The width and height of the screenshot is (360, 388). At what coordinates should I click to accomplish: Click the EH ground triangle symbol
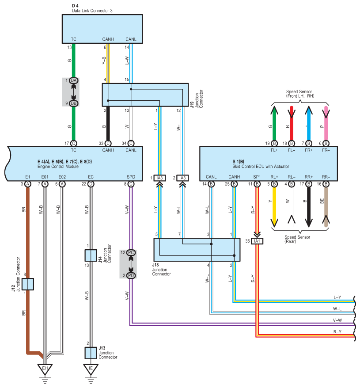(x=45, y=369)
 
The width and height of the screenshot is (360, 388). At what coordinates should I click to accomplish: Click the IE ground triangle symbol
(x=91, y=369)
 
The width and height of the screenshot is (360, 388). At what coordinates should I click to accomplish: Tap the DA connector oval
(x=73, y=80)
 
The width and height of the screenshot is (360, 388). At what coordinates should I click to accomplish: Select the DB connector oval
(x=73, y=103)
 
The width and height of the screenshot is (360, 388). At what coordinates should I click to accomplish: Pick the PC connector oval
(x=131, y=252)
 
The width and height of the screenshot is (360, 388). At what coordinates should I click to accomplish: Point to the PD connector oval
(x=131, y=275)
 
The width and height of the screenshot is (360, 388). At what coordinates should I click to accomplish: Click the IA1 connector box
(x=257, y=241)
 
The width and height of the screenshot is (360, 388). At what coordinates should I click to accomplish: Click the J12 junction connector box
(x=28, y=284)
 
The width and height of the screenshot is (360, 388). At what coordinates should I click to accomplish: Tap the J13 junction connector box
(x=91, y=353)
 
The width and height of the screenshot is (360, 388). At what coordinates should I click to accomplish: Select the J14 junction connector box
(x=91, y=255)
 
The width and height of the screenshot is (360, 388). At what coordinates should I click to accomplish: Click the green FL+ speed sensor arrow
(x=274, y=123)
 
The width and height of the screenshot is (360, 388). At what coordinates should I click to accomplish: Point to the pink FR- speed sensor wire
(x=326, y=123)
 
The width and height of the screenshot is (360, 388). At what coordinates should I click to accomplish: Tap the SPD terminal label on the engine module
(x=131, y=177)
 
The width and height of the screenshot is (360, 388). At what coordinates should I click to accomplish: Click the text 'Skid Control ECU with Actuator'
(x=261, y=167)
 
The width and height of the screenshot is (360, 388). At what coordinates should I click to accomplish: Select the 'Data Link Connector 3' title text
(x=92, y=11)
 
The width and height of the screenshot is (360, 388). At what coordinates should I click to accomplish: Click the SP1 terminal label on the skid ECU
(x=257, y=177)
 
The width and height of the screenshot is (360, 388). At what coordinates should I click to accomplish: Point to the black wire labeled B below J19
(x=108, y=124)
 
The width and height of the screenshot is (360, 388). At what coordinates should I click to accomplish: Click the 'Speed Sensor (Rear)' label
(x=297, y=239)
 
